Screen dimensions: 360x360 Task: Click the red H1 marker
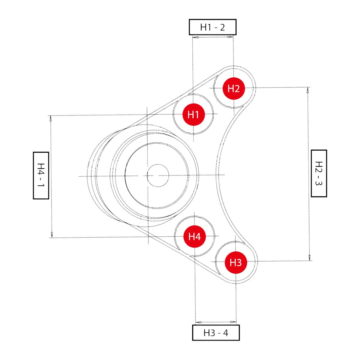click(193, 114)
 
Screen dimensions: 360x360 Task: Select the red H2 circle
click(234, 88)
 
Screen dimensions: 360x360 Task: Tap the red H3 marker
click(236, 262)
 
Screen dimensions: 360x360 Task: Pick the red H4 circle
click(194, 237)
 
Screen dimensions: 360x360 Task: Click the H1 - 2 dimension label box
click(212, 27)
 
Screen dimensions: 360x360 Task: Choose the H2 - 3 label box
click(319, 173)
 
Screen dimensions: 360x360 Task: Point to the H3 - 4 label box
click(216, 333)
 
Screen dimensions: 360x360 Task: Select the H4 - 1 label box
click(41, 175)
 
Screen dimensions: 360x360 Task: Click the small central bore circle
click(158, 175)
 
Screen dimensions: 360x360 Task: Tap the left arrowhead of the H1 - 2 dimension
click(195, 37)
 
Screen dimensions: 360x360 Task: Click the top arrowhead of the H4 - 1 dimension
click(51, 118)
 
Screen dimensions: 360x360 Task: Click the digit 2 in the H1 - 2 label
click(222, 27)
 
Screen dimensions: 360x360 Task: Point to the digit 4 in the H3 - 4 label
click(225, 333)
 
